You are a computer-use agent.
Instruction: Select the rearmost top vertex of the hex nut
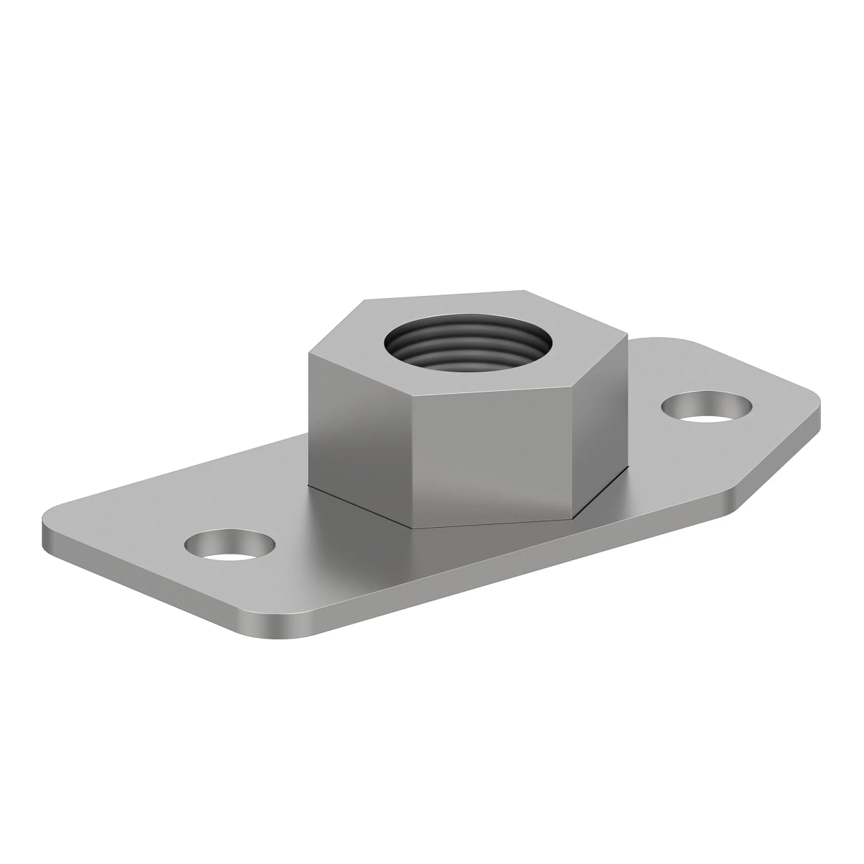pyautogui.click(x=524, y=291)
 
